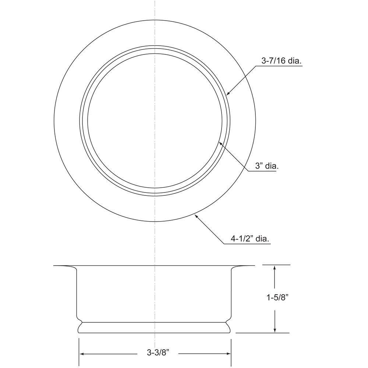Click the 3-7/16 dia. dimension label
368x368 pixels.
(x=282, y=61)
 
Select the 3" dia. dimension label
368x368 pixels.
(x=266, y=166)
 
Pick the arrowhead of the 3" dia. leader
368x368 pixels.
(x=220, y=142)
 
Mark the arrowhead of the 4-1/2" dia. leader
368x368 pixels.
(x=197, y=217)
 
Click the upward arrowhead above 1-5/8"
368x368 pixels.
(x=275, y=268)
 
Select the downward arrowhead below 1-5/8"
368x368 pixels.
(x=275, y=330)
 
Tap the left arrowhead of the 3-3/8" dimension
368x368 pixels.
(x=82, y=354)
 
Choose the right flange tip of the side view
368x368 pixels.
(x=254, y=266)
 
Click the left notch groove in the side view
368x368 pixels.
(x=78, y=321)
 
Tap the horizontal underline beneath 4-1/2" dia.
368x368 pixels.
(x=250, y=244)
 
